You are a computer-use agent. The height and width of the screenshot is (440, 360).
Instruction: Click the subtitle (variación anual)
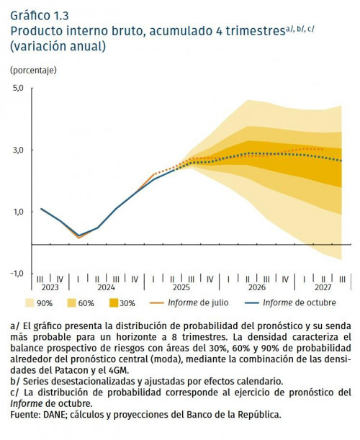pyautogui.click(x=58, y=47)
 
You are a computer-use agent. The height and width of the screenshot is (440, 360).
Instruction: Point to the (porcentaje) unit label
pyautogui.click(x=33, y=71)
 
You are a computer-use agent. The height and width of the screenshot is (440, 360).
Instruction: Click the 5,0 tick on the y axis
pyautogui.click(x=18, y=88)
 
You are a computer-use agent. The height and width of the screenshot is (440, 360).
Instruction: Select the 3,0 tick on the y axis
pyautogui.click(x=18, y=150)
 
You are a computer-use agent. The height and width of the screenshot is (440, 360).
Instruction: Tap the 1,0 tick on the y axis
pyautogui.click(x=18, y=212)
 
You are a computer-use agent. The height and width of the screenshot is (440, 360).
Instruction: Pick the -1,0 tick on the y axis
pyautogui.click(x=17, y=274)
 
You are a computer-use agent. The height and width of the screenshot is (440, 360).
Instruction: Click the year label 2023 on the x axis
pyautogui.click(x=50, y=287)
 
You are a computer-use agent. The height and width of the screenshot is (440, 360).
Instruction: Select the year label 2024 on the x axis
pyautogui.click(x=107, y=287)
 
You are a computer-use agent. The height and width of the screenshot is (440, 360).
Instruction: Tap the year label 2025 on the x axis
pyautogui.click(x=181, y=287)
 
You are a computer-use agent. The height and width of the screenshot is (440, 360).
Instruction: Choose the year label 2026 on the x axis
pyautogui.click(x=256, y=287)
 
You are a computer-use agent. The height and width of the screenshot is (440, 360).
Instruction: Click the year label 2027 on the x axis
pyautogui.click(x=323, y=287)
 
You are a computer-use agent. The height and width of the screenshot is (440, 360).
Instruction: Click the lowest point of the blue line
pyautogui.click(x=78, y=235)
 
